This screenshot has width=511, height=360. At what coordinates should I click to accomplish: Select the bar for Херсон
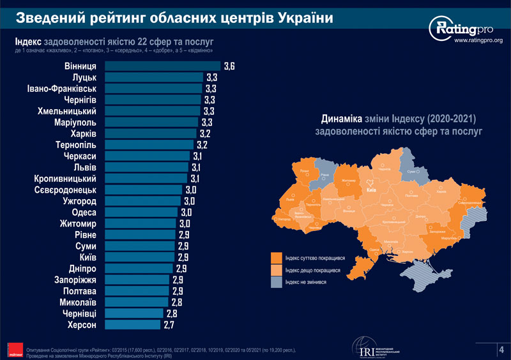(132, 325)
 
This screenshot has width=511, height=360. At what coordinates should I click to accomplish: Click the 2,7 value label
(169, 325)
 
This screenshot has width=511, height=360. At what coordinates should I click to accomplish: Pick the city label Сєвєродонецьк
(66, 190)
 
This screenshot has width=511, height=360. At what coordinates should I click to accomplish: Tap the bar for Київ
(139, 257)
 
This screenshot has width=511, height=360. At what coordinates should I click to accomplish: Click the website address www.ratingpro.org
(478, 41)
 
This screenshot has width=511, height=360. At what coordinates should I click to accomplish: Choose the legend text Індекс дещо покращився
(313, 271)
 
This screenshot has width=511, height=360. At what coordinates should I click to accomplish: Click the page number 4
(501, 349)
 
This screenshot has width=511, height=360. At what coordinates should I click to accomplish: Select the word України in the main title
(305, 17)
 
